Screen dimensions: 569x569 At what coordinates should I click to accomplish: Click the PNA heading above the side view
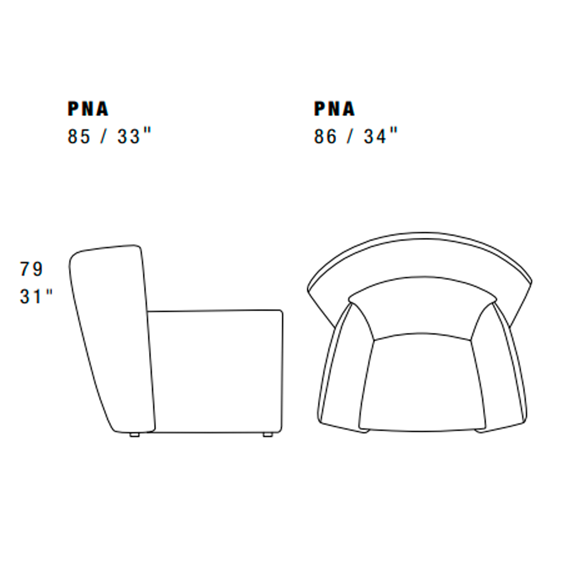click(x=88, y=109)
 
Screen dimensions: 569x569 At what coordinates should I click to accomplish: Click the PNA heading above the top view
click(x=334, y=109)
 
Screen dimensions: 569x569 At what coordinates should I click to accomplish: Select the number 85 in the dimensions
click(x=79, y=137)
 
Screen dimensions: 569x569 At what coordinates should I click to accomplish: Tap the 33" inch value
click(x=134, y=137)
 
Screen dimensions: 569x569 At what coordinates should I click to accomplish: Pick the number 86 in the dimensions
click(x=325, y=137)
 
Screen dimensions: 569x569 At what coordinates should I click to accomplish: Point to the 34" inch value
click(x=381, y=137)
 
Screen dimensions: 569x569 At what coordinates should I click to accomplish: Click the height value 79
click(x=31, y=269)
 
